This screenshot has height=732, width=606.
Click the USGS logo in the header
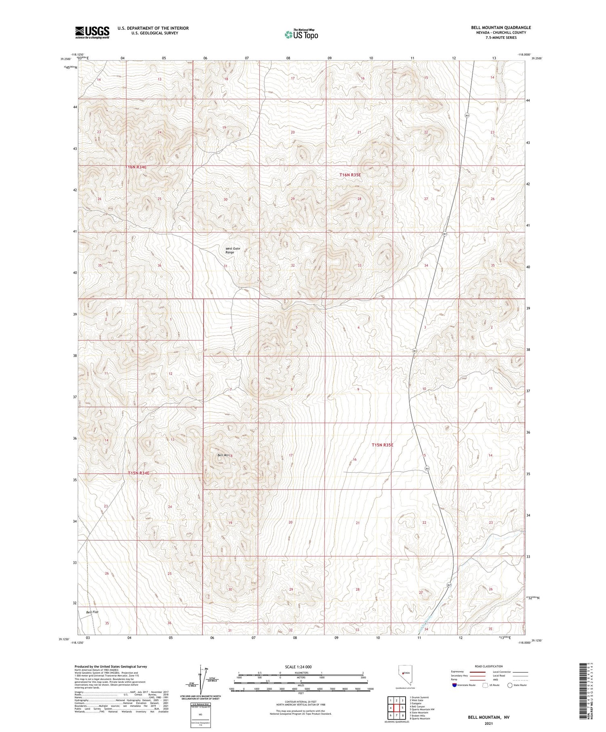click(x=92, y=32)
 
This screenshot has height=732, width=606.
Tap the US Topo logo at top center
click(x=301, y=35)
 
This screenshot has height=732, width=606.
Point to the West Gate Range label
click(x=232, y=250)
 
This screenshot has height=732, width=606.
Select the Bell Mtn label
click(x=223, y=455)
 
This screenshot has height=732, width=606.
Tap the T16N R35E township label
click(x=350, y=175)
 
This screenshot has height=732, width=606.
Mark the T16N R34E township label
click(x=138, y=167)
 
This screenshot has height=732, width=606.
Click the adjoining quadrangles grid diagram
click(x=396, y=709)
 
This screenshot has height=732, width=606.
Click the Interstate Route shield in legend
click(x=455, y=685)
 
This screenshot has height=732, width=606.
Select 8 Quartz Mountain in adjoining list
click(x=420, y=718)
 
